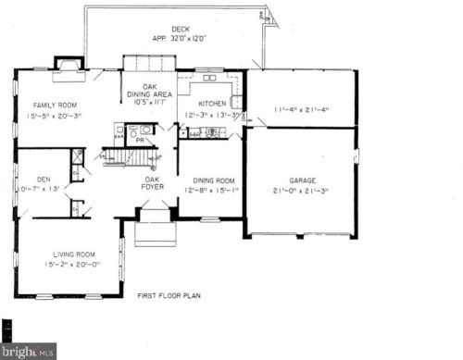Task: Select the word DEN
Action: [44, 179]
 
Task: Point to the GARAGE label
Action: [301, 180]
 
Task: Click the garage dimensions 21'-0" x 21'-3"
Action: [301, 192]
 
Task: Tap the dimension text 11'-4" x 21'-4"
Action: [301, 110]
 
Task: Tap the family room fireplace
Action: [68, 64]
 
